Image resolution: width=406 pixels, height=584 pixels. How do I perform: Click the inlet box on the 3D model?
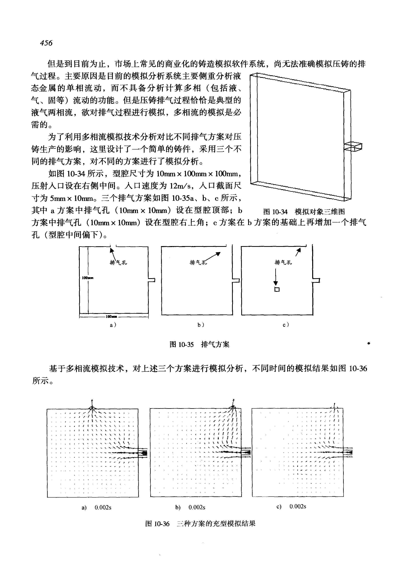[x=353, y=147]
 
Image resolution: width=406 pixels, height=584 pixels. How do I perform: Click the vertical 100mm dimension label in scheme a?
[x=87, y=278]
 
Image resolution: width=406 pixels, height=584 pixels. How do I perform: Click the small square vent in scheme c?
[x=277, y=289]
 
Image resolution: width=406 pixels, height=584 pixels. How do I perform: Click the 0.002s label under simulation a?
[x=103, y=508]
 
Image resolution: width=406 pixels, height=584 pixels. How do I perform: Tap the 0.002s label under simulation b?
[x=197, y=508]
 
